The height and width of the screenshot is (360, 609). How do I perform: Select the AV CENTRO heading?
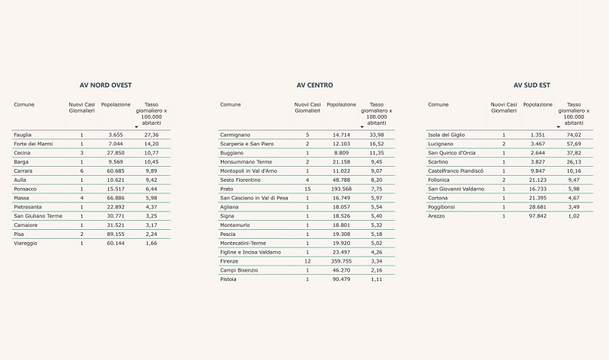pyautogui.click(x=314, y=85)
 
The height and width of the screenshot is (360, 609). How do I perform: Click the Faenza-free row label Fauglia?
pyautogui.click(x=23, y=135)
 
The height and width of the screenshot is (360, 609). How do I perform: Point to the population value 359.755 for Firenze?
pyautogui.click(x=341, y=261)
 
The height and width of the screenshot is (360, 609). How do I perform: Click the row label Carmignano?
pyautogui.click(x=236, y=135)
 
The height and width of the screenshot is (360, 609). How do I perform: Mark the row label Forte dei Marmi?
pyautogui.click(x=33, y=144)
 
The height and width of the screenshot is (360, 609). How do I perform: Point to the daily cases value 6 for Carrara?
pyautogui.click(x=81, y=170)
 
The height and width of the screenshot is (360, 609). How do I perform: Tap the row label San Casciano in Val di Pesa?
pyautogui.click(x=254, y=198)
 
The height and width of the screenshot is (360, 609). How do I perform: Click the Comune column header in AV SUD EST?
pyautogui.click(x=438, y=104)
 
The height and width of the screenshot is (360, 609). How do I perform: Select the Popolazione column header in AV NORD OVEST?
pyautogui.click(x=116, y=104)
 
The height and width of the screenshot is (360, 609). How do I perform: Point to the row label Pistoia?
pyautogui.click(x=228, y=279)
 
